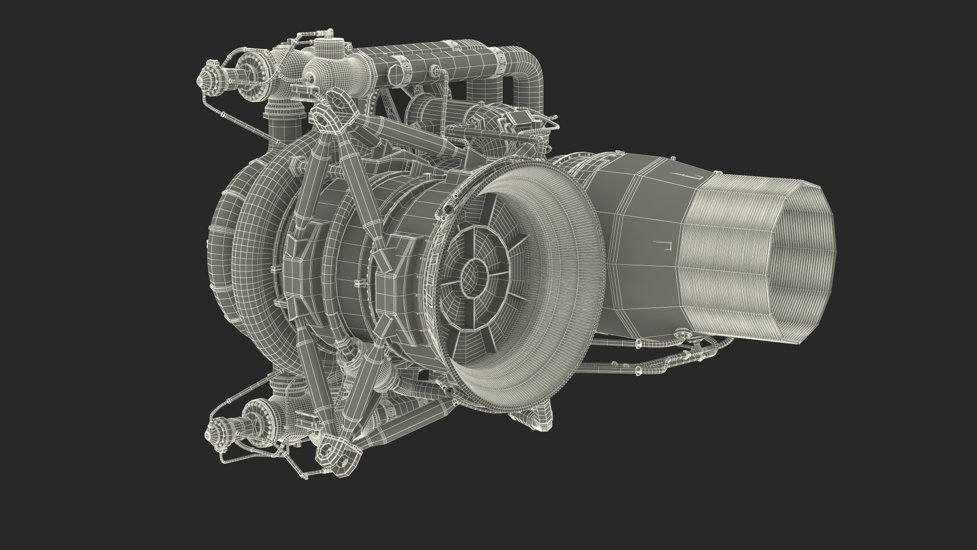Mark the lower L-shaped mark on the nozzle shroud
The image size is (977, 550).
click(x=662, y=244)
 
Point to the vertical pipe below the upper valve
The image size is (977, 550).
click(x=279, y=132)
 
